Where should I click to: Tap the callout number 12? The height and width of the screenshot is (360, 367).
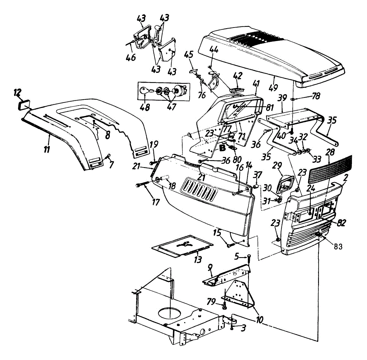(x=18, y=92)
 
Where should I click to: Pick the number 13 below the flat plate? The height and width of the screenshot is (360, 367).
(x=198, y=260)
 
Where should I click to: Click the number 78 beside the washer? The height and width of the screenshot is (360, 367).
(x=316, y=96)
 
